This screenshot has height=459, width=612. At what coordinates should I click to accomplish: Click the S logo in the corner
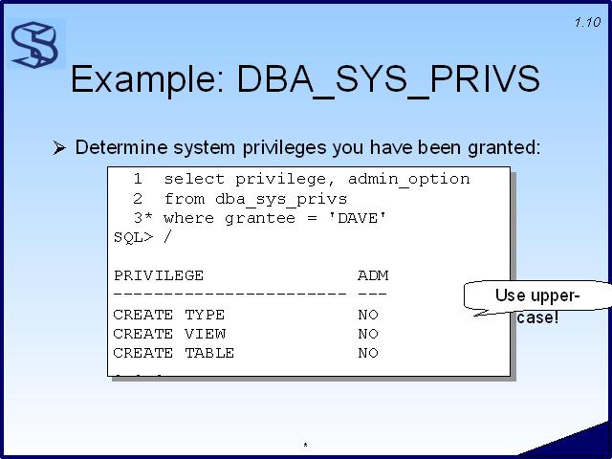pyautogui.click(x=35, y=45)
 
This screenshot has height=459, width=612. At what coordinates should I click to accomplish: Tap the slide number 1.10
pyautogui.click(x=587, y=22)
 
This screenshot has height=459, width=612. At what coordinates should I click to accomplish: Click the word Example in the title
pyautogui.click(x=147, y=79)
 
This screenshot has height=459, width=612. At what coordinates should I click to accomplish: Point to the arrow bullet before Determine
pyautogui.click(x=59, y=148)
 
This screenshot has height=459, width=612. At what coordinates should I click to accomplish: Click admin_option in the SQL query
pyautogui.click(x=409, y=179)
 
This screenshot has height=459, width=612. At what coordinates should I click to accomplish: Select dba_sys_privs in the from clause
pyautogui.click(x=281, y=199)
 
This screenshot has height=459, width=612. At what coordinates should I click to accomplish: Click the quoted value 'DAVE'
pyautogui.click(x=358, y=218)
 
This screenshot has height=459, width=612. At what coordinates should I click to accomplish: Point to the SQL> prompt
pyautogui.click(x=133, y=237)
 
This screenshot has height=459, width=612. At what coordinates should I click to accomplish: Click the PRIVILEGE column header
pyautogui.click(x=159, y=275)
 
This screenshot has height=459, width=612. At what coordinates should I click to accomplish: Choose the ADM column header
pyautogui.click(x=373, y=275)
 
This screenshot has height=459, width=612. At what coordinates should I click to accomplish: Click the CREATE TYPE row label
pyautogui.click(x=169, y=315)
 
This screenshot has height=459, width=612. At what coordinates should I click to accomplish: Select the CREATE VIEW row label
pyautogui.click(x=169, y=334)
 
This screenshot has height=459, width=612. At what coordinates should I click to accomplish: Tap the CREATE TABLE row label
pyautogui.click(x=174, y=353)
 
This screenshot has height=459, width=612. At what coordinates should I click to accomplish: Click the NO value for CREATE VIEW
pyautogui.click(x=368, y=334)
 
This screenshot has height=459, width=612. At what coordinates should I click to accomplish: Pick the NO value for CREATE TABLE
pyautogui.click(x=368, y=353)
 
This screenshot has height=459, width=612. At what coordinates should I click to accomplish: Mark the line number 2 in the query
pyautogui.click(x=138, y=199)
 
